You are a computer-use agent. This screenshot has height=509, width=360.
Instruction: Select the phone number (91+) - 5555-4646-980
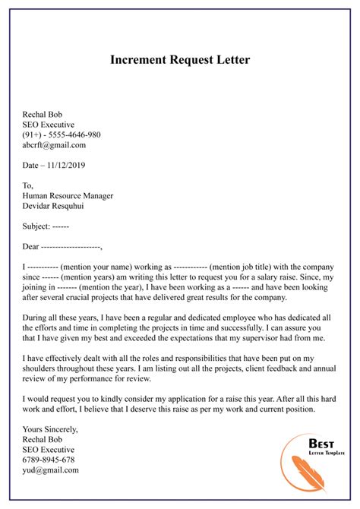coord(62,134)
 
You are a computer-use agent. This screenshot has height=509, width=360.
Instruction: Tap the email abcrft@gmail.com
coord(55,145)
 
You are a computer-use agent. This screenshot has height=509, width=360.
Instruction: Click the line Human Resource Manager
coord(68,195)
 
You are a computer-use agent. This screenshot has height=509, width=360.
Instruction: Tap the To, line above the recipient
coord(29,185)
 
